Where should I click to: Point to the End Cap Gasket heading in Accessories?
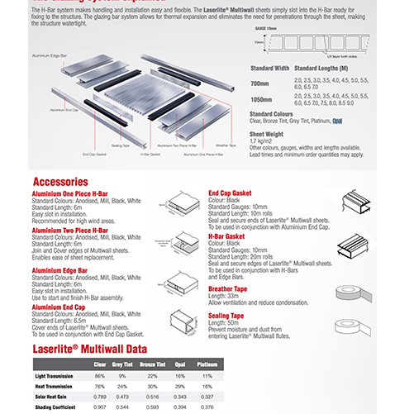coord(230,193)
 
